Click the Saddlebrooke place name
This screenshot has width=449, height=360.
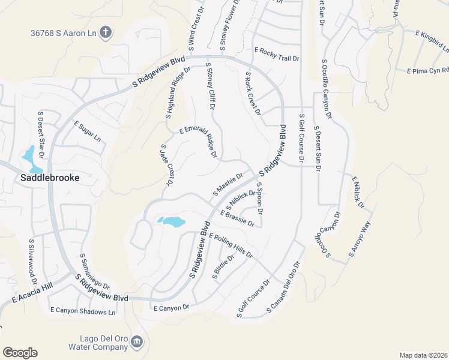tap(50, 178)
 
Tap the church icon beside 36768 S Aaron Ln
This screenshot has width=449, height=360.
tap(106, 32)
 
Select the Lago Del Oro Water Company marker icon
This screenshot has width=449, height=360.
tap(137, 342)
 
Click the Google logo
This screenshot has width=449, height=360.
tap(20, 353)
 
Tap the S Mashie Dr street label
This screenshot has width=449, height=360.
tap(228, 185)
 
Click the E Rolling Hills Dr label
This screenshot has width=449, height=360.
tap(231, 246)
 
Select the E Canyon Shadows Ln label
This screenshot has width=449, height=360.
tap(83, 311)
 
